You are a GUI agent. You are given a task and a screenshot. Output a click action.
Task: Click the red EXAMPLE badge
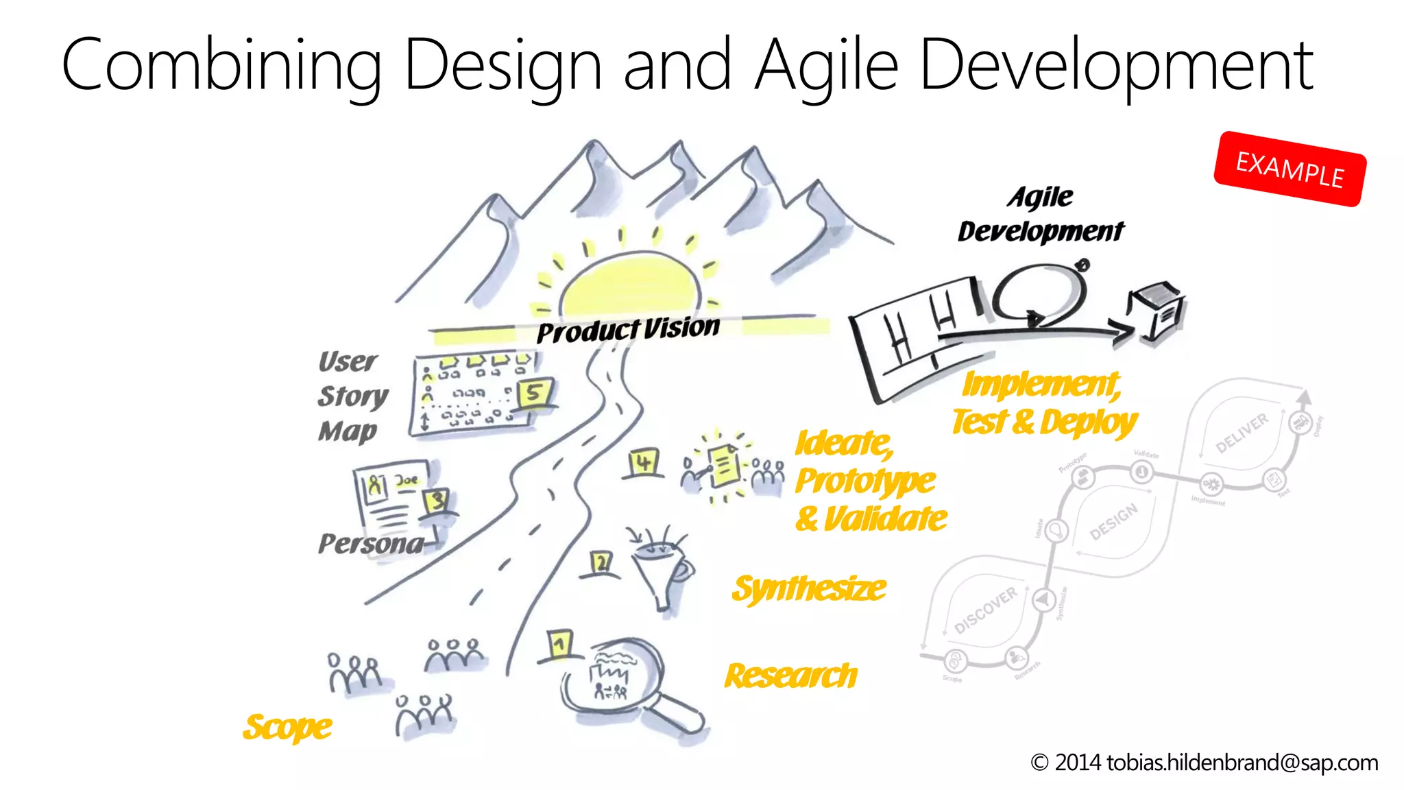pyautogui.click(x=1290, y=169)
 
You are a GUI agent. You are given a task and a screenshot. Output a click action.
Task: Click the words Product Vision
pyautogui.click(x=628, y=330)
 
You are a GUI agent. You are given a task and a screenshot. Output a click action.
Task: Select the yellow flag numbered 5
pyautogui.click(x=533, y=393)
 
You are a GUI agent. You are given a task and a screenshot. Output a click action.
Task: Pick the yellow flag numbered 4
pyautogui.click(x=643, y=462)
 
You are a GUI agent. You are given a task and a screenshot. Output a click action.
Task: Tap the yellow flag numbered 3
pyautogui.click(x=437, y=500)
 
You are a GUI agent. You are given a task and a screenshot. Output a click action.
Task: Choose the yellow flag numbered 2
pyautogui.click(x=601, y=563)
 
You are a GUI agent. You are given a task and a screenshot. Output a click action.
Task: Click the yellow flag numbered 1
pyautogui.click(x=560, y=644)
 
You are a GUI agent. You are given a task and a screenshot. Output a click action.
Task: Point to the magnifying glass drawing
pyautogui.click(x=624, y=679)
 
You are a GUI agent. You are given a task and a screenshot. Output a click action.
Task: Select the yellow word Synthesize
pyautogui.click(x=809, y=588)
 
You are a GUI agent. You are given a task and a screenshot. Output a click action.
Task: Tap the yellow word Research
pyautogui.click(x=791, y=676)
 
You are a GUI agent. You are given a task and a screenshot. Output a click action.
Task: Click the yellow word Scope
pyautogui.click(x=288, y=727)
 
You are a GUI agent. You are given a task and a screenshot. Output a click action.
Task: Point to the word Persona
pyautogui.click(x=371, y=544)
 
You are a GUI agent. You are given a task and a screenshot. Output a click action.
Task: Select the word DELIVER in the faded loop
pyautogui.click(x=1242, y=433)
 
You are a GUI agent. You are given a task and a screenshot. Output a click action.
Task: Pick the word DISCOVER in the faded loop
pyautogui.click(x=986, y=610)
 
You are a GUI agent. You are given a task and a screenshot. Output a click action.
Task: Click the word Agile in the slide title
pyautogui.click(x=827, y=66)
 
